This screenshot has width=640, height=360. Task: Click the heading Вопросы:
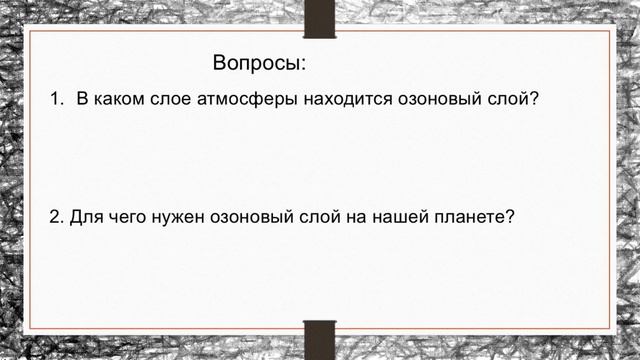[259, 64]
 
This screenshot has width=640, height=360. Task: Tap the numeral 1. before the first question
[57, 101]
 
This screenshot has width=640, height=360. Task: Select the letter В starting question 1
[84, 101]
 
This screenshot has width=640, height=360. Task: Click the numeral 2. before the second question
[56, 217]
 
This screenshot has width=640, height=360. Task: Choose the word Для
[86, 217]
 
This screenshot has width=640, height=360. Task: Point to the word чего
[127, 217]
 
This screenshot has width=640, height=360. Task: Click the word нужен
[179, 217]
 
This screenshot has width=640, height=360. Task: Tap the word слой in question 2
[323, 217]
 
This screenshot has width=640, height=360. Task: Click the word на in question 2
[363, 217]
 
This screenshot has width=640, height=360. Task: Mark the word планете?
[477, 217]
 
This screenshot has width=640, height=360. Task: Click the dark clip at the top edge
[319, 19]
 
